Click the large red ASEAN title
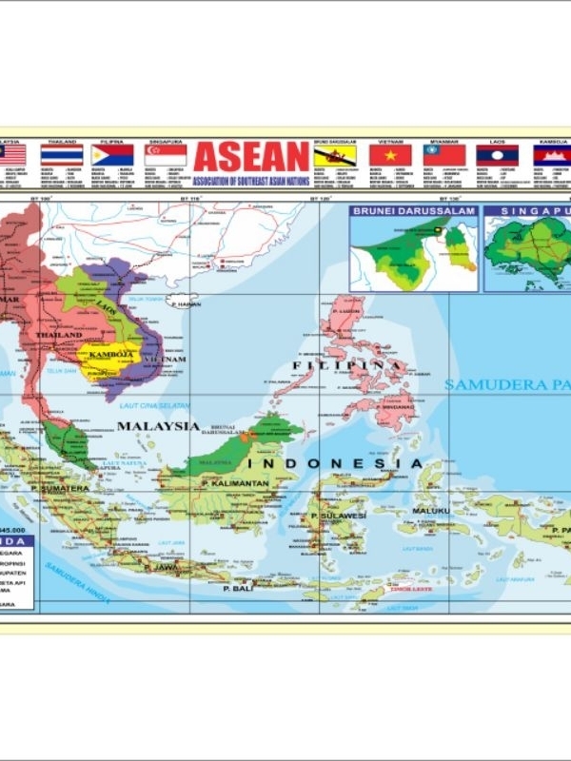tap(251, 158)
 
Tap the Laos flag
tap(498, 155)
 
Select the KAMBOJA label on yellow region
tap(108, 355)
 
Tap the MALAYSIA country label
tap(158, 426)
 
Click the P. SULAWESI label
tap(339, 516)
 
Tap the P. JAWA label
tap(164, 567)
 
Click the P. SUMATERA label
tap(60, 488)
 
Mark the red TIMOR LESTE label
tap(404, 588)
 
